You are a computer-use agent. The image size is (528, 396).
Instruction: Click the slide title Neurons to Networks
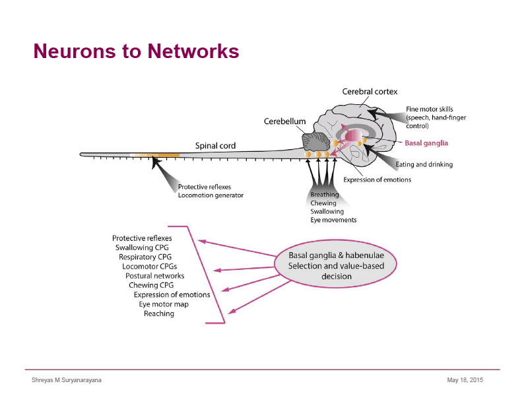pyautogui.click(x=136, y=51)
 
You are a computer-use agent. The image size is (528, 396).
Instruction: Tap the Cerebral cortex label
pyautogui.click(x=370, y=92)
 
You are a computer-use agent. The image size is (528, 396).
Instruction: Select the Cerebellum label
pyautogui.click(x=285, y=121)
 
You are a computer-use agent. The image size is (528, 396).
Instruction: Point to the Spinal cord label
pyautogui.click(x=216, y=146)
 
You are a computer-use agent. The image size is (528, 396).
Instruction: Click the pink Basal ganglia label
pyautogui.click(x=426, y=143)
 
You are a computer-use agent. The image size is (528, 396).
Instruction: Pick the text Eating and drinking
pyautogui.click(x=424, y=164)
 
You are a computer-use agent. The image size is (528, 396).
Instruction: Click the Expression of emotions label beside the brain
pyautogui.click(x=377, y=180)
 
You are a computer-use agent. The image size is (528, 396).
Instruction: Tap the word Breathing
pyautogui.click(x=325, y=195)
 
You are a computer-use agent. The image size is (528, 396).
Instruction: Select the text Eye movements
pyautogui.click(x=333, y=220)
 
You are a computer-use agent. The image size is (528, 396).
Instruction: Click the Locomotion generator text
pyautogui.click(x=211, y=195)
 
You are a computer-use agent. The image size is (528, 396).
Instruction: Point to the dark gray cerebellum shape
pyautogui.click(x=316, y=141)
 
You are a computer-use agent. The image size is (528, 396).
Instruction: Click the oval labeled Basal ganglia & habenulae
pyautogui.click(x=336, y=264)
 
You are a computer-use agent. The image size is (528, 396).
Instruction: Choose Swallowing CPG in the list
pyautogui.click(x=142, y=247)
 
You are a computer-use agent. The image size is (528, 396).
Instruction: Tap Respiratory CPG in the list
pyautogui.click(x=145, y=257)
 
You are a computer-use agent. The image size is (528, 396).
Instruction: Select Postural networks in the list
pyautogui.click(x=155, y=276)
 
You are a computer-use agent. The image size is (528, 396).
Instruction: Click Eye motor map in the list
pyautogui.click(x=164, y=304)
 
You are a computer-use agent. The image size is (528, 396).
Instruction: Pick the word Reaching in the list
pyautogui.click(x=159, y=314)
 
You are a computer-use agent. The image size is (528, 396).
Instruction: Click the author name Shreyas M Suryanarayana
pyautogui.click(x=67, y=380)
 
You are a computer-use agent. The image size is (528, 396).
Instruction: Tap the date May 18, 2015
pyautogui.click(x=465, y=380)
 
